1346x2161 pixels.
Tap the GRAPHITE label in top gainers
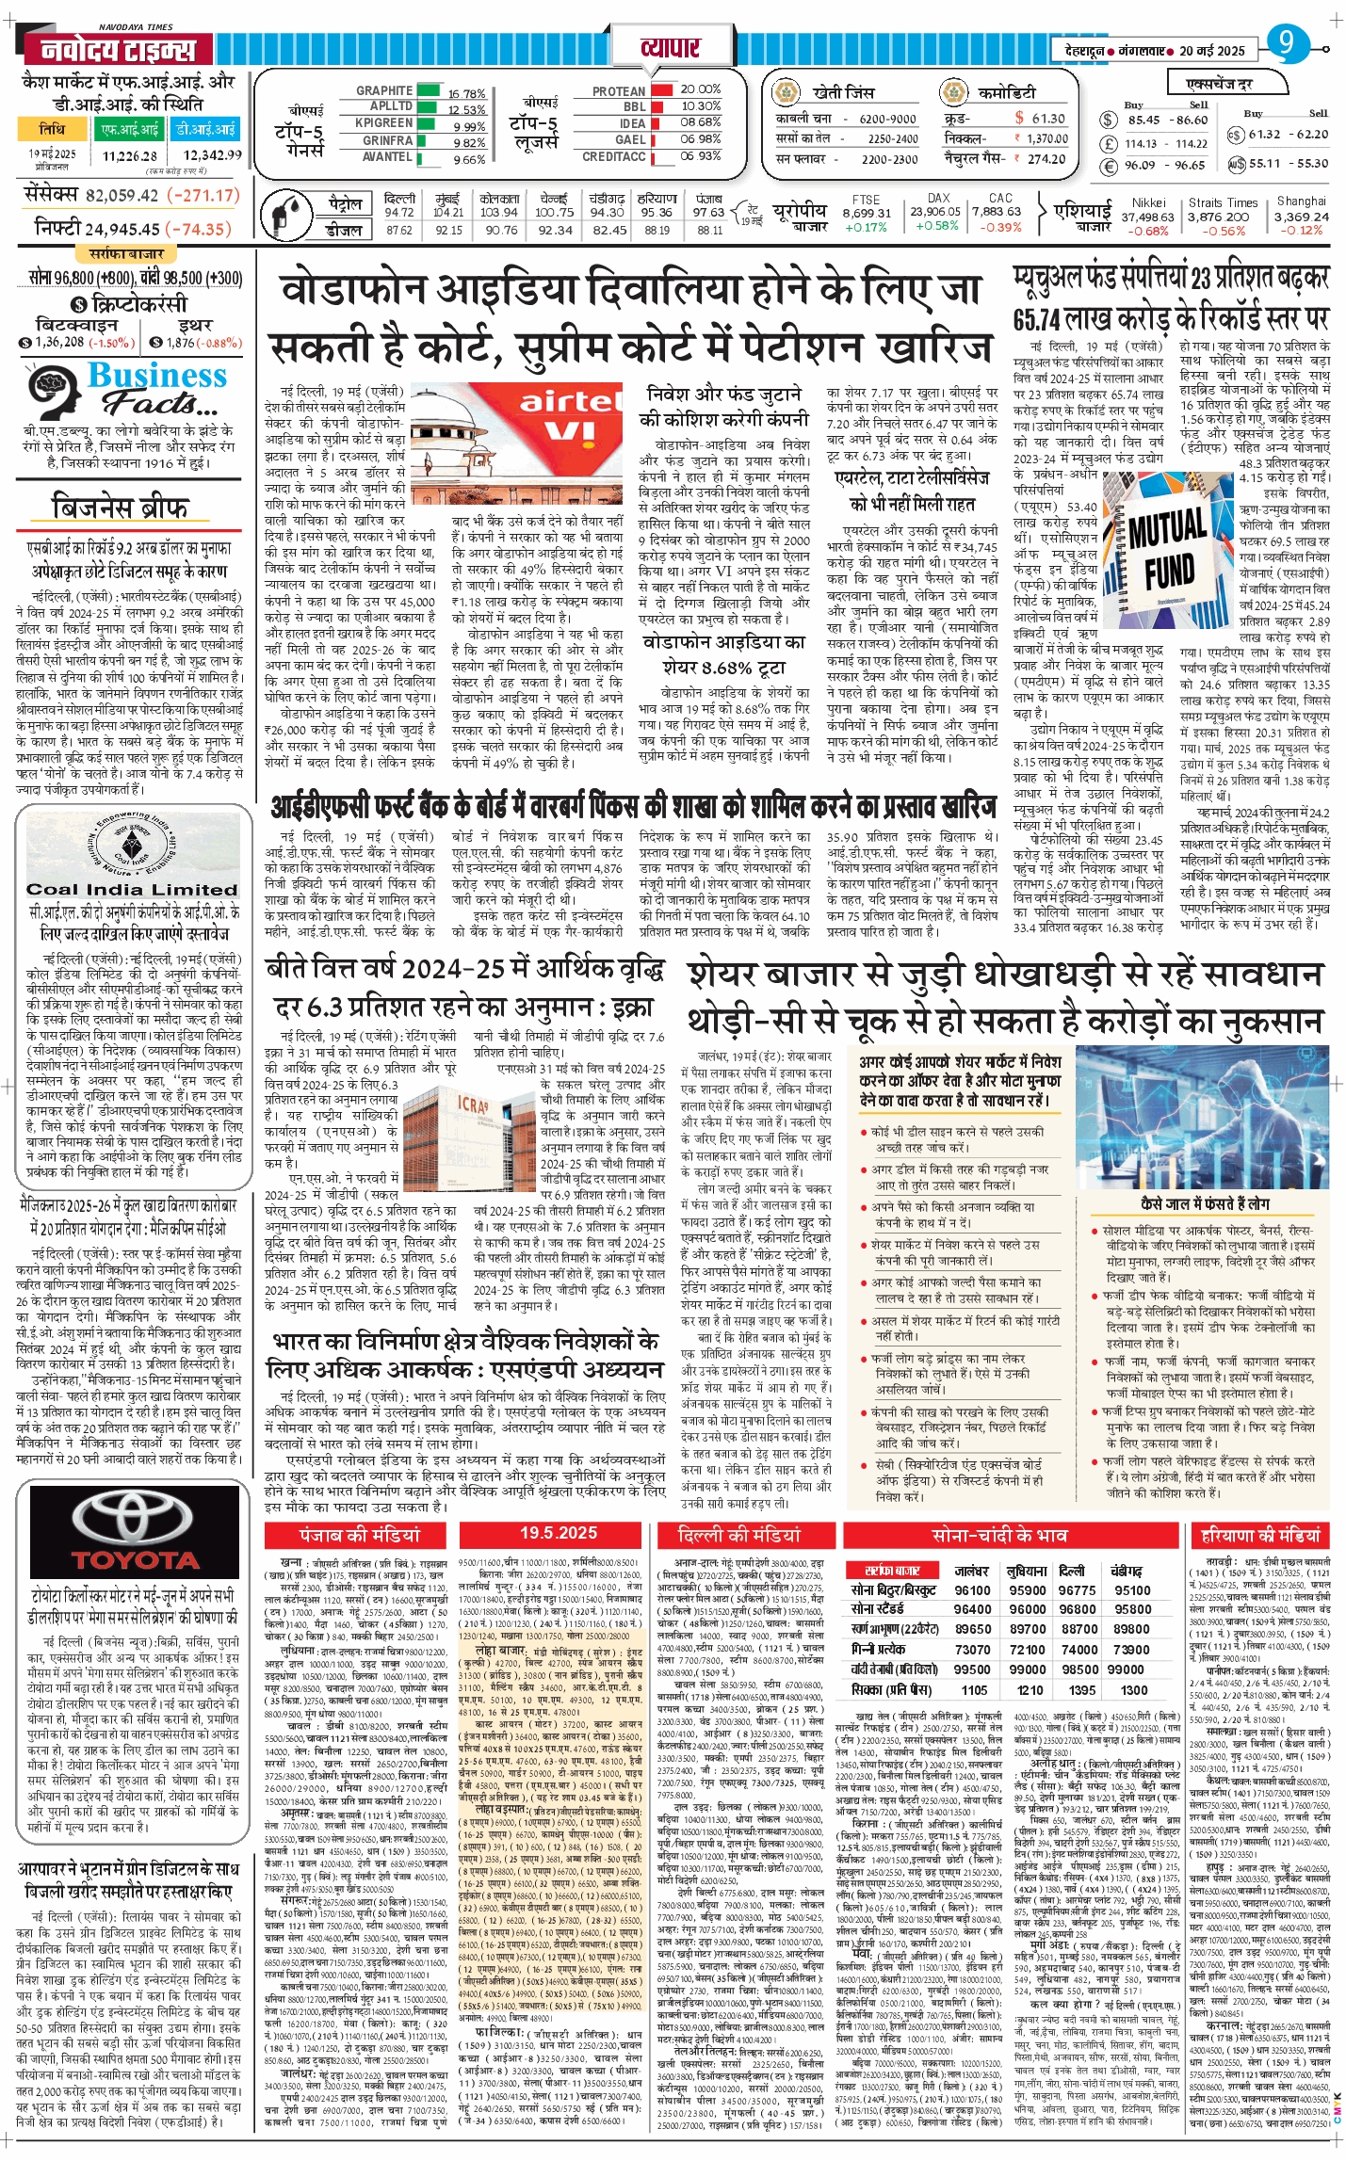[383, 90]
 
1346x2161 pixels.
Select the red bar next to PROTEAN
[660, 90]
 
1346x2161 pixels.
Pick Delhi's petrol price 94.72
[398, 213]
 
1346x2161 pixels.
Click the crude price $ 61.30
[1040, 119]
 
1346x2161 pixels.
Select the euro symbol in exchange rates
[1109, 165]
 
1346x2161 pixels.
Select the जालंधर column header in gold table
[971, 1572]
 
